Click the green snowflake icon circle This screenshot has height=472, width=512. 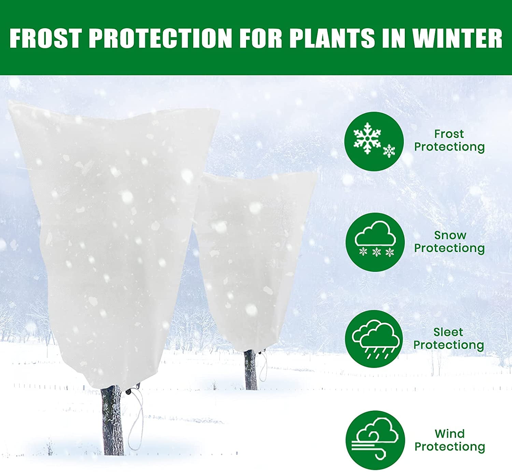pyautogui.click(x=374, y=141)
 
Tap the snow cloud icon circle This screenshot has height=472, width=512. pyautogui.click(x=375, y=242)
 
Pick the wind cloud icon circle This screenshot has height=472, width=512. pyautogui.click(x=375, y=440)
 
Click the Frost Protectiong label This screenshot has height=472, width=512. pyautogui.click(x=449, y=140)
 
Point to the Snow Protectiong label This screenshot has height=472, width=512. pyautogui.click(x=450, y=241)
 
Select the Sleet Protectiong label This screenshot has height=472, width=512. pyautogui.click(x=449, y=338)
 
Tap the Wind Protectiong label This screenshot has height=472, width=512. pyautogui.click(x=450, y=440)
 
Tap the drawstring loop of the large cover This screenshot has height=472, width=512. pyautogui.click(x=137, y=424)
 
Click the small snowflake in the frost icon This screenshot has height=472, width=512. pyautogui.click(x=389, y=151)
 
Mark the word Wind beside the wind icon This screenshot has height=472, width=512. pyautogui.click(x=450, y=434)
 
